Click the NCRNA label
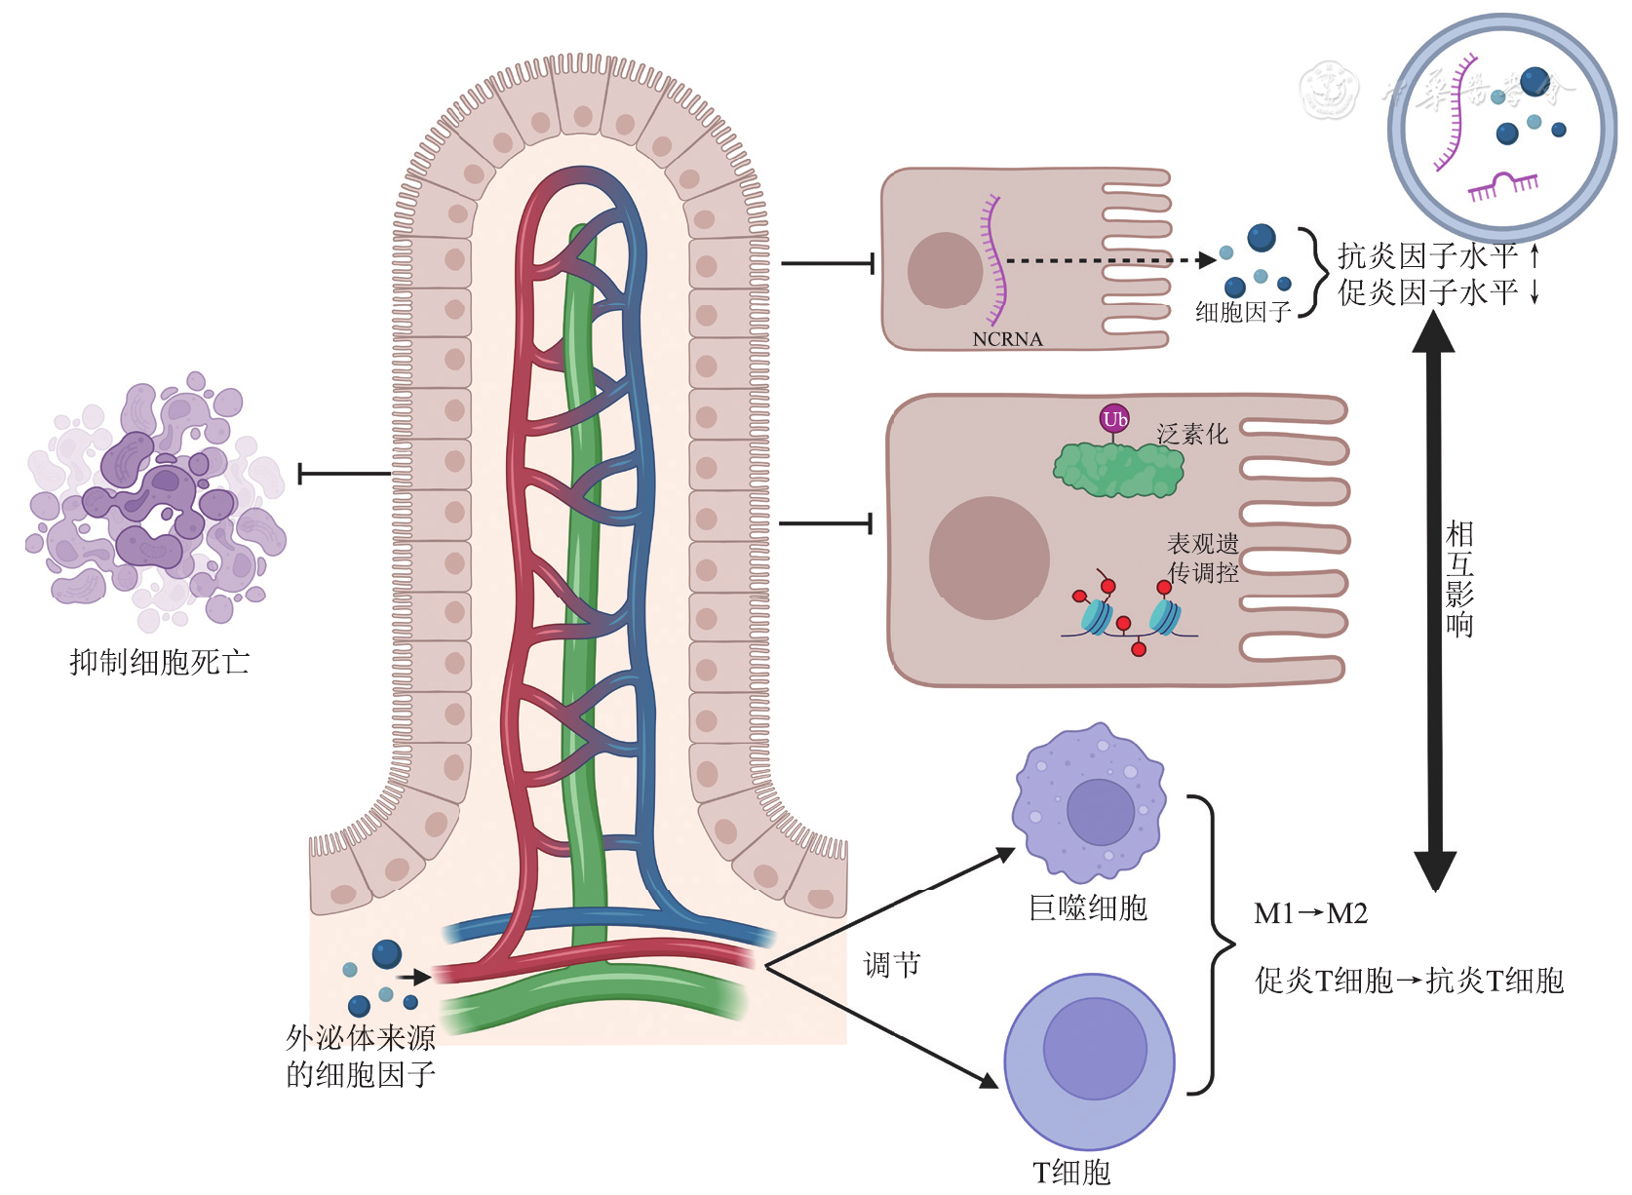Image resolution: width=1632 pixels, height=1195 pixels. (1007, 339)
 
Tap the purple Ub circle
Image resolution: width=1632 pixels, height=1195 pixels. (1114, 419)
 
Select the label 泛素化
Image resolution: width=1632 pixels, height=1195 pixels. (1191, 434)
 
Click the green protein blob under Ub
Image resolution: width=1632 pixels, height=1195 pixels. (1118, 469)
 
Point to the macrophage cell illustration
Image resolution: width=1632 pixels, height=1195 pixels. (1089, 803)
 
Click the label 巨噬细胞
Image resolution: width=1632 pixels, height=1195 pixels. (1088, 908)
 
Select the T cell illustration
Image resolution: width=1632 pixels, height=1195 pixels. (1090, 1060)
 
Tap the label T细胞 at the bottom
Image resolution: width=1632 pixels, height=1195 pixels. (1071, 1172)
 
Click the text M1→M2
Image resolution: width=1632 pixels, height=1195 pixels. (1310, 913)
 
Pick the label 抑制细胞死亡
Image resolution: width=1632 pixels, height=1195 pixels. (160, 663)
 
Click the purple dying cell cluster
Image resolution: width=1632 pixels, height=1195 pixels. (156, 497)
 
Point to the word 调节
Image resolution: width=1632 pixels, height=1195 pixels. (892, 965)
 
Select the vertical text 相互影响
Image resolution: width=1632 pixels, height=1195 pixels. (1459, 579)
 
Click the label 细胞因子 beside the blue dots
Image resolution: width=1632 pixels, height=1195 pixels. (1243, 312)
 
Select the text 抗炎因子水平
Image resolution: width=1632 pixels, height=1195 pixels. (1427, 256)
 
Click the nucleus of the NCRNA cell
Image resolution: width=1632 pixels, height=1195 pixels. (945, 270)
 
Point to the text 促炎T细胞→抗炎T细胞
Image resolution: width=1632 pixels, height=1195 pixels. (1409, 981)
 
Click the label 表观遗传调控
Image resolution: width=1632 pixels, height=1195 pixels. (1203, 558)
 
